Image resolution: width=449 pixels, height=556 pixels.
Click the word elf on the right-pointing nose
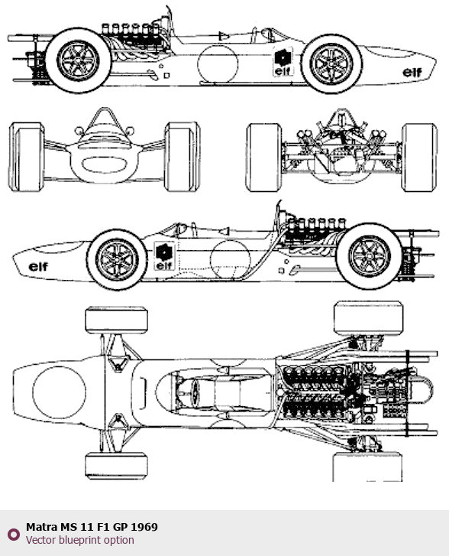point(412,73)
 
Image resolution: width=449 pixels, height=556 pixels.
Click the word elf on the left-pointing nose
point(38,267)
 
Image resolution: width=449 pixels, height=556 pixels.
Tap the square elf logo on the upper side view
point(283,62)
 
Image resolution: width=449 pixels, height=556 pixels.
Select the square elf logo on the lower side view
point(164,256)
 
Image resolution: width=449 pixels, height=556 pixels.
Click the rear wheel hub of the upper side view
point(78,61)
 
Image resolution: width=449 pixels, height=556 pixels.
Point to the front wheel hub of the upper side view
point(331,64)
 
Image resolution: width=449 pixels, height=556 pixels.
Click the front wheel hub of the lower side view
point(117,259)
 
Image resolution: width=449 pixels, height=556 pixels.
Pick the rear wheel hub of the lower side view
point(370,255)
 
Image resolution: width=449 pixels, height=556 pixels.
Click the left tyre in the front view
point(27,157)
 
